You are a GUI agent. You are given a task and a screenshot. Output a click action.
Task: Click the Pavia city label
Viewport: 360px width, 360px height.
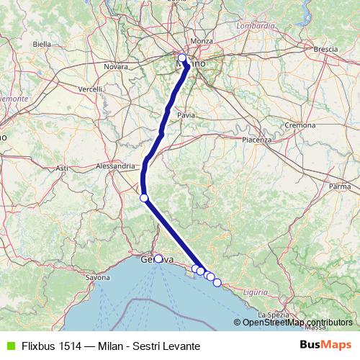pyautogui.click(x=186, y=114)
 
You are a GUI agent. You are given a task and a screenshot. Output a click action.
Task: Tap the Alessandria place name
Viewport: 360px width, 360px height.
pyautogui.click(x=115, y=166)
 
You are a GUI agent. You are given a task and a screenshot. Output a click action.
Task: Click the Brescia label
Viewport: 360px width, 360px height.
pyautogui.click(x=326, y=49)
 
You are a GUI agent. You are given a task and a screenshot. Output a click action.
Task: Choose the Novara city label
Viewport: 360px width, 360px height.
pyautogui.click(x=115, y=66)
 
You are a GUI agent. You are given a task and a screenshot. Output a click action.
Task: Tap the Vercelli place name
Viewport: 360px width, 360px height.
pyautogui.click(x=91, y=89)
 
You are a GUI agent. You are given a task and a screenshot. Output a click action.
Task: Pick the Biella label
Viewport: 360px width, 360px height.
pyautogui.click(x=42, y=44)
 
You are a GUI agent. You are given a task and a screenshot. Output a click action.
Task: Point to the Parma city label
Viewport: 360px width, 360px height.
pyautogui.click(x=339, y=186)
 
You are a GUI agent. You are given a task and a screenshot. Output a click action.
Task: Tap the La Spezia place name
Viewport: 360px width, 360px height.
pyautogui.click(x=274, y=315)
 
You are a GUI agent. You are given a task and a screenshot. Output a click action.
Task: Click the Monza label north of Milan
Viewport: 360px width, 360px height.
pyautogui.click(x=202, y=41)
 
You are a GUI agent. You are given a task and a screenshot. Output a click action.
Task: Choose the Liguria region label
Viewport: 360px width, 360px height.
pyautogui.click(x=256, y=292)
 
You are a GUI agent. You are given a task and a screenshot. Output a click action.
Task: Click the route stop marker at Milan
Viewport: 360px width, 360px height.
pyautogui.click(x=182, y=58)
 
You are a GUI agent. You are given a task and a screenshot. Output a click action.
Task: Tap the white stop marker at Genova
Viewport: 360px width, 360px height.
pyautogui.click(x=158, y=258)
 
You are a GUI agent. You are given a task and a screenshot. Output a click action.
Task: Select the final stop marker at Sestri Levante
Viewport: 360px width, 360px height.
pyautogui.click(x=217, y=282)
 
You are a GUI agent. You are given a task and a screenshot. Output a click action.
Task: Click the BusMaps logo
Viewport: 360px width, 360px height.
pyautogui.click(x=324, y=345)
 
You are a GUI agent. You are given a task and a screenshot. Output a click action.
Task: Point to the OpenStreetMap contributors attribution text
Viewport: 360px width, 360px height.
pyautogui.click(x=297, y=323)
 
